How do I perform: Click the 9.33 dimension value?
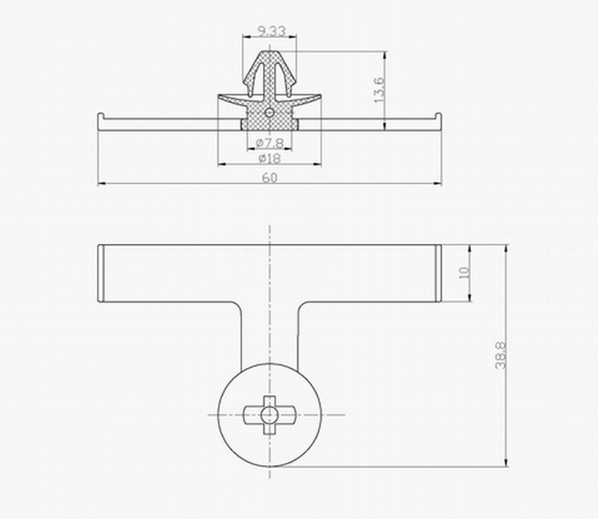click(x=271, y=31)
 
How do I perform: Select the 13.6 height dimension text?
click(x=379, y=90)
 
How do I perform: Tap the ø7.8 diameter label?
click(x=270, y=143)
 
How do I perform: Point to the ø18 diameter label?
click(x=270, y=158)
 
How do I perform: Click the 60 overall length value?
click(x=270, y=178)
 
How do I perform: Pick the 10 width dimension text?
click(x=464, y=273)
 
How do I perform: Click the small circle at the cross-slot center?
click(x=270, y=414)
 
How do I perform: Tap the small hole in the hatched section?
click(x=270, y=112)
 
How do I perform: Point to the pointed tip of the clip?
click(x=270, y=51)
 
